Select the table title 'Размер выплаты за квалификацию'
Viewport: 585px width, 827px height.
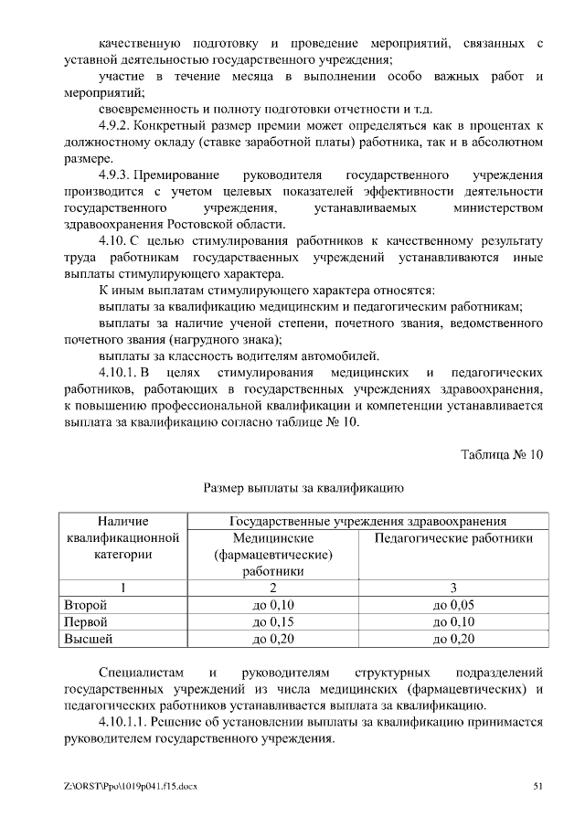pos(303,490)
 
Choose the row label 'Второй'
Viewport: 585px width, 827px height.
pos(85,605)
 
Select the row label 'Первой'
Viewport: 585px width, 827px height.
pos(85,621)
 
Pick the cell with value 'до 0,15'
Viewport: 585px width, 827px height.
pos(273,621)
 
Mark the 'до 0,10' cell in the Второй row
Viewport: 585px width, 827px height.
pos(273,605)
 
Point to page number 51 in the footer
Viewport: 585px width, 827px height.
pos(537,786)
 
